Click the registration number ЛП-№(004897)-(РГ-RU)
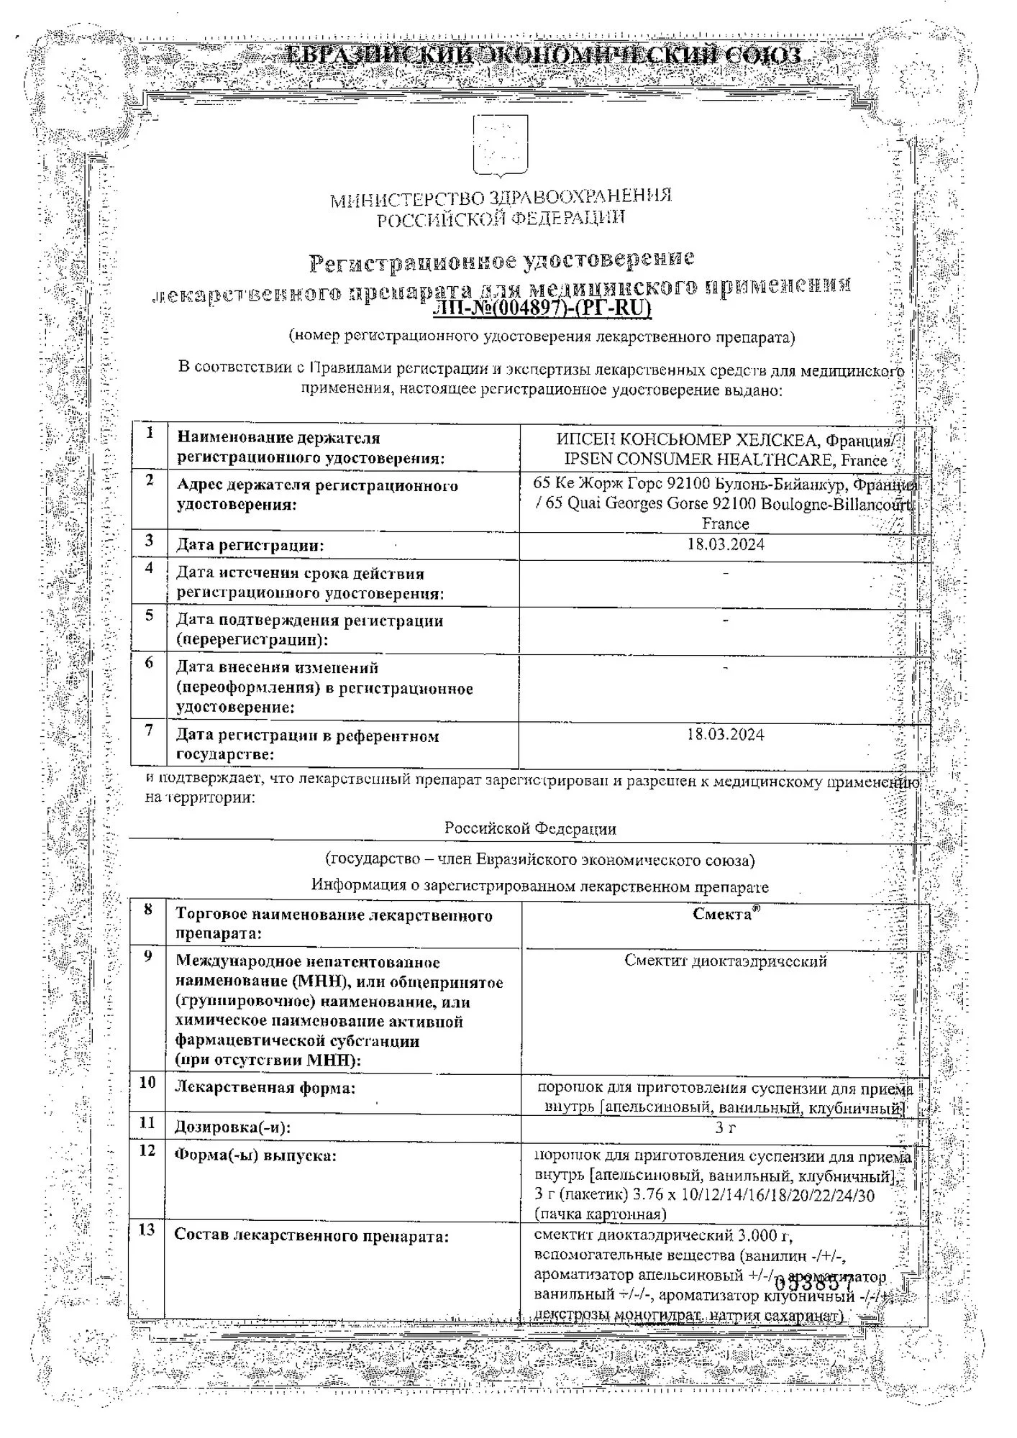pos(542,308)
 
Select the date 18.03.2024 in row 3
pos(725,544)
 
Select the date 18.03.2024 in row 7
pos(725,734)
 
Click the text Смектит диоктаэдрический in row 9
pos(725,961)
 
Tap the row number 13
pos(146,1230)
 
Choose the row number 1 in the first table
pos(150,433)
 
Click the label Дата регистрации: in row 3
pos(250,546)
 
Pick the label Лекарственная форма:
pos(265,1088)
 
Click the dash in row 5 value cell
pos(725,620)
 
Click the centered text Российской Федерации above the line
pos(530,828)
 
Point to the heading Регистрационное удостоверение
pos(501,260)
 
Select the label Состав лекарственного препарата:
pos(311,1236)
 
